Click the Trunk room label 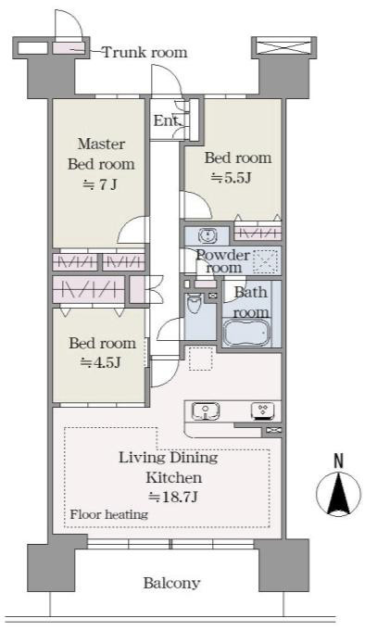pyautogui.click(x=145, y=52)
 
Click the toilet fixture pyautogui.click(x=194, y=304)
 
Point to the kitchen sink pyautogui.click(x=206, y=410)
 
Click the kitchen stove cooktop pyautogui.click(x=263, y=410)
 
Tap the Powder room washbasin pyautogui.click(x=207, y=235)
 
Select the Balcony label pyautogui.click(x=171, y=583)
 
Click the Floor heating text pyautogui.click(x=109, y=514)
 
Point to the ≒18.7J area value pyautogui.click(x=173, y=497)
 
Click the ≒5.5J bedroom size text pyautogui.click(x=232, y=178)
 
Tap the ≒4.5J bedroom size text pyautogui.click(x=101, y=362)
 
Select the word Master pyautogui.click(x=101, y=144)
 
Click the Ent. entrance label pyautogui.click(x=166, y=120)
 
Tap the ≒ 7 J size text pyautogui.click(x=100, y=184)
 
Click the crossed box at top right pyautogui.click(x=284, y=46)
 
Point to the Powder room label pyautogui.click(x=223, y=261)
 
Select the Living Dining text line pyautogui.click(x=169, y=457)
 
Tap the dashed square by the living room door pyautogui.click(x=200, y=359)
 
